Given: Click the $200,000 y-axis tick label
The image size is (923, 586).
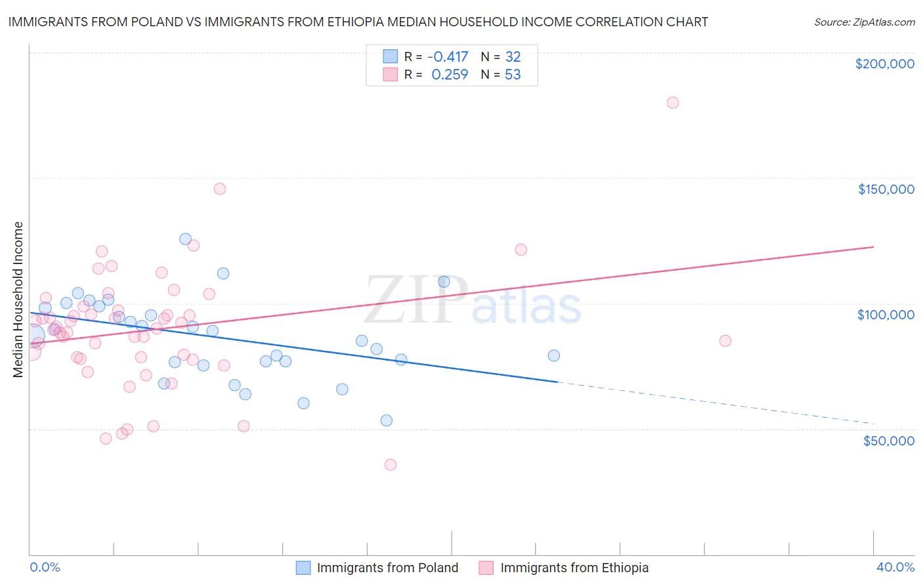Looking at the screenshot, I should coord(884,64).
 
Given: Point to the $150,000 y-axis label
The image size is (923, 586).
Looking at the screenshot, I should coord(886,189).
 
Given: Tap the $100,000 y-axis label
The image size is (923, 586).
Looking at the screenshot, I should coord(886,315).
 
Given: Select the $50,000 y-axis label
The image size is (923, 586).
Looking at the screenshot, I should coord(888,440).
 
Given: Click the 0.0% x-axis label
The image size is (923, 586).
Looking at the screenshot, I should coord(45,567).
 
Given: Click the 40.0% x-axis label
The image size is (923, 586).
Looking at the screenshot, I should coord(895,567).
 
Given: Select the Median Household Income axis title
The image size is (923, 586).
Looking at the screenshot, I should coord(18,300).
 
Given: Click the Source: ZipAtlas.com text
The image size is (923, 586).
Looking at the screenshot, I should coord(864,22).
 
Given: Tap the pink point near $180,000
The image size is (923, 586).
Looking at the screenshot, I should coord(672,102).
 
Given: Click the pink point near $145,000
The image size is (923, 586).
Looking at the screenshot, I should coord(220,189).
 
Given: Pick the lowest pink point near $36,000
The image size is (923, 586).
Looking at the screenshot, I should coord(391,464).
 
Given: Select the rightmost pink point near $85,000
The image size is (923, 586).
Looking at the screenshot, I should coord(725,340).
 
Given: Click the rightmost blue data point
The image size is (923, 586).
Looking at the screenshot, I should coord(553,355).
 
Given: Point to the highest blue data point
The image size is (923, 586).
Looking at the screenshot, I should coord(185,239).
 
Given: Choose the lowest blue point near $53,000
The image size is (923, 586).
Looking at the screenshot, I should coord(387,420).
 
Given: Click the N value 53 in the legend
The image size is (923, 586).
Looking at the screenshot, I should coord(513,75).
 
